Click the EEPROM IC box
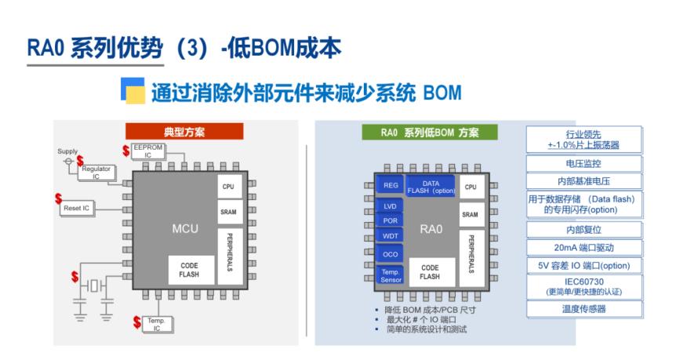[x=148, y=151]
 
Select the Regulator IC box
[x=96, y=173]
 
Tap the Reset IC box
[x=76, y=209]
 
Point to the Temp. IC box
[x=157, y=325]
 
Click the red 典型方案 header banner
[x=184, y=132]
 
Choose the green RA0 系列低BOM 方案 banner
[x=430, y=133]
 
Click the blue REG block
[x=391, y=185]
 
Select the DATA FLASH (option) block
[x=431, y=187]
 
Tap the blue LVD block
[x=390, y=206]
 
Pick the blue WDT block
[x=390, y=236]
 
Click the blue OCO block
[x=390, y=255]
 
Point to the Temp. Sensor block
[x=391, y=276]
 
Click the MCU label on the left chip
[x=185, y=229]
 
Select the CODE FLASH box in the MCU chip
[x=189, y=270]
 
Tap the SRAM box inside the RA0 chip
[x=471, y=214]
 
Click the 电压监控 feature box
[x=583, y=164]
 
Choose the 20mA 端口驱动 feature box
[x=583, y=248]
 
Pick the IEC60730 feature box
[x=583, y=287]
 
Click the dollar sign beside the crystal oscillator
[x=75, y=277]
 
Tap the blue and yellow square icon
[x=133, y=90]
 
